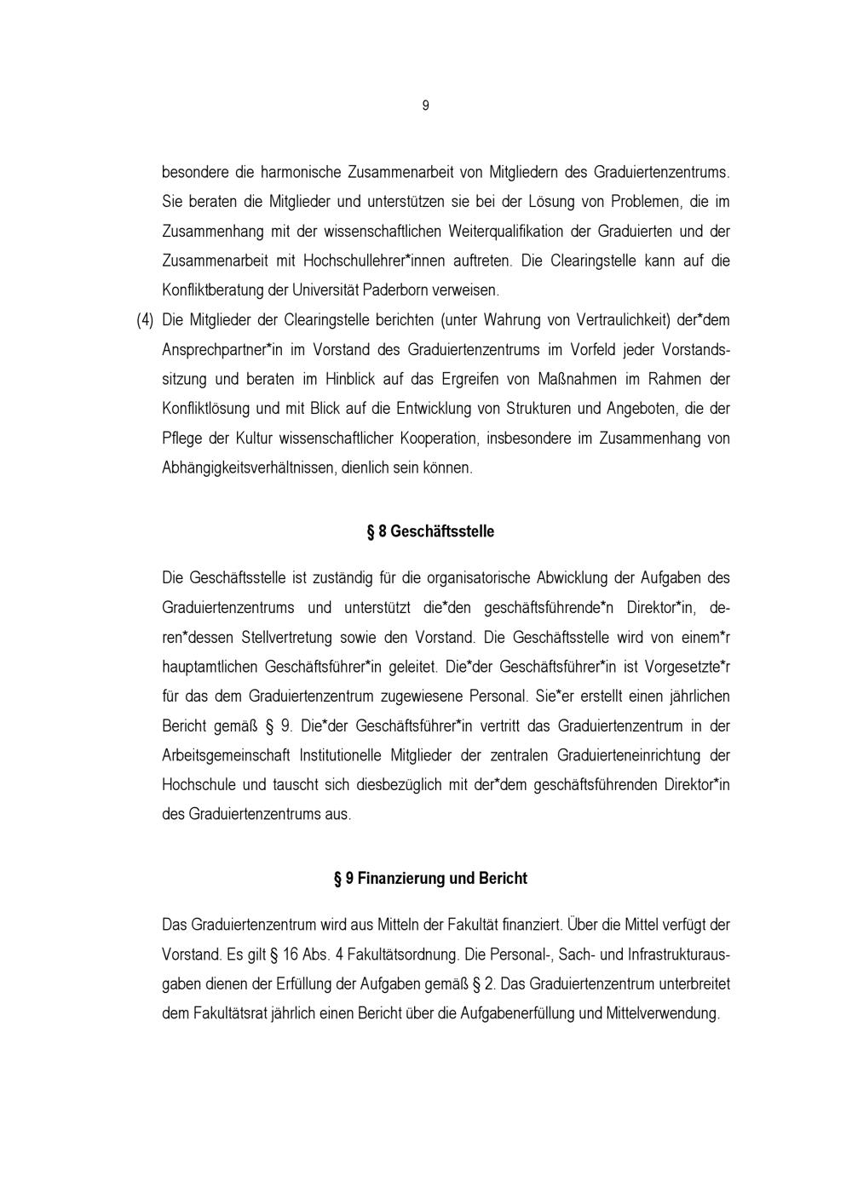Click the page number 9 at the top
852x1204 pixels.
pyautogui.click(x=425, y=106)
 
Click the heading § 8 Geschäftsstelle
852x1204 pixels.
pyautogui.click(x=430, y=531)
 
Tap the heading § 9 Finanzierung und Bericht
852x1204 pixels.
pyautogui.click(x=430, y=878)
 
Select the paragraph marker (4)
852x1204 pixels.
pyautogui.click(x=145, y=320)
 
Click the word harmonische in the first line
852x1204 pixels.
pyautogui.click(x=300, y=172)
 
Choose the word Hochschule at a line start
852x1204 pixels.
pyautogui.click(x=195, y=784)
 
